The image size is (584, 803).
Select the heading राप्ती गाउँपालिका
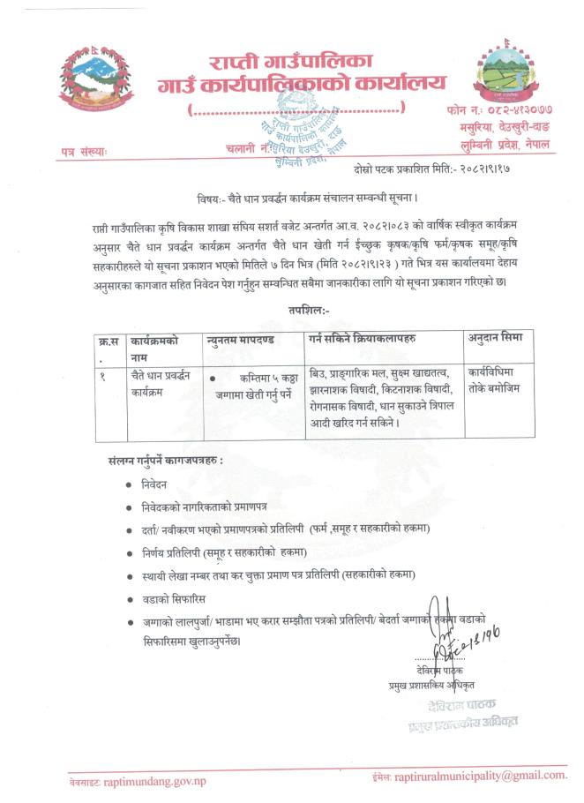(x=291, y=63)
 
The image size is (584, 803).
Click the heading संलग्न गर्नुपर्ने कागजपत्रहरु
(x=165, y=461)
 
